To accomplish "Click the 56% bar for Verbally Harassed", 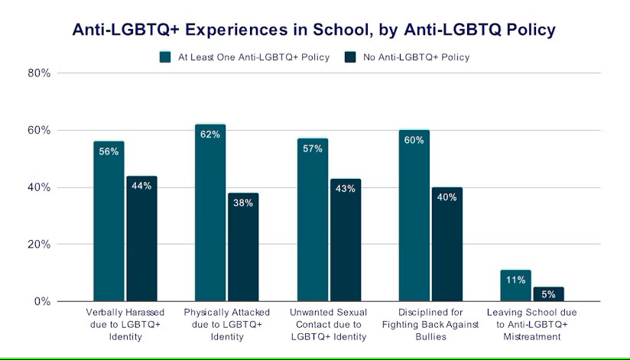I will [x=109, y=222].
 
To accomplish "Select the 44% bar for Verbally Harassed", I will [x=141, y=238].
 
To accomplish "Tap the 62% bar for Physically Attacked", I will [x=210, y=212].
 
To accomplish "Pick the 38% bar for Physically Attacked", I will [x=243, y=247].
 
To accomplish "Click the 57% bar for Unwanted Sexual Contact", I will [x=313, y=220].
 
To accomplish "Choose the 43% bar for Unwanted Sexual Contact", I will [x=346, y=240].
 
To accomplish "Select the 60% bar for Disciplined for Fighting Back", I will [x=414, y=216].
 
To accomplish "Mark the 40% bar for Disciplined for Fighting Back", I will [x=447, y=245].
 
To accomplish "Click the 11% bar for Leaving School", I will [x=515, y=286].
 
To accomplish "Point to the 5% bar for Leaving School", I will [x=549, y=294].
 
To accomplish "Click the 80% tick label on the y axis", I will [x=40, y=73].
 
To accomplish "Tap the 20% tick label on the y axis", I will [x=40, y=245].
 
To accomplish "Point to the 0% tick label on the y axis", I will [x=43, y=302].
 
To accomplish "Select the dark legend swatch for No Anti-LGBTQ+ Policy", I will [x=351, y=57].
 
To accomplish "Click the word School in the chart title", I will [x=309, y=31].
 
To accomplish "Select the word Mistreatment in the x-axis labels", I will [x=533, y=337].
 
